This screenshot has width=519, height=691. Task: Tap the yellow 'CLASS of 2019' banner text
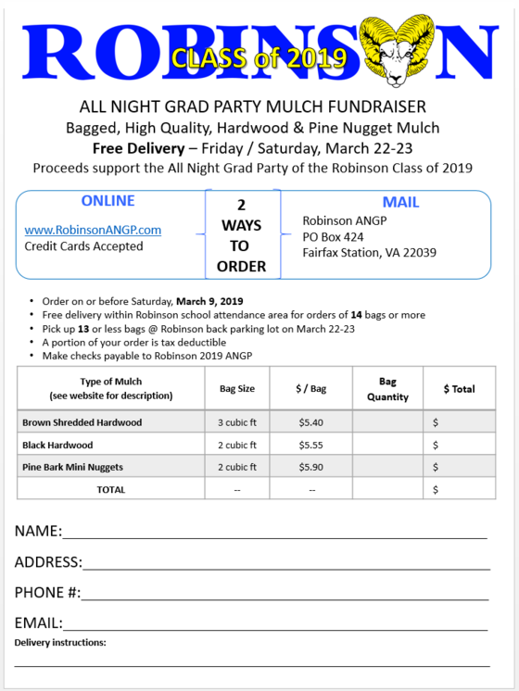[x=259, y=58]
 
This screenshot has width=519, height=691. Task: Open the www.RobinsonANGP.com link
[x=93, y=230]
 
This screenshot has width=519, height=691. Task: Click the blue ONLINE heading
[x=108, y=201]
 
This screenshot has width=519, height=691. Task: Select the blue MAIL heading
[x=400, y=202]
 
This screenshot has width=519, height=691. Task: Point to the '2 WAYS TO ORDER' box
[x=242, y=235]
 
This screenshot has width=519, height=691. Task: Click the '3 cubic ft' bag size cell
[x=236, y=422]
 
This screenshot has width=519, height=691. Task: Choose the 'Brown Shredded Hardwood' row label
[x=82, y=422]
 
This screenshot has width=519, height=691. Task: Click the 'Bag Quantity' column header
[x=387, y=389]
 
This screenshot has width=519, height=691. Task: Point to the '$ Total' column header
[x=459, y=389]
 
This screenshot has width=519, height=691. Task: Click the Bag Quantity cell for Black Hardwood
[x=387, y=445]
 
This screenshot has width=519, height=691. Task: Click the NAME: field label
[x=38, y=532]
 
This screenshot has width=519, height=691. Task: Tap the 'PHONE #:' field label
[x=47, y=593]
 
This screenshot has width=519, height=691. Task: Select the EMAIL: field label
[x=38, y=622]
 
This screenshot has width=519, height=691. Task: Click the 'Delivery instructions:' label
[x=60, y=642]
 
